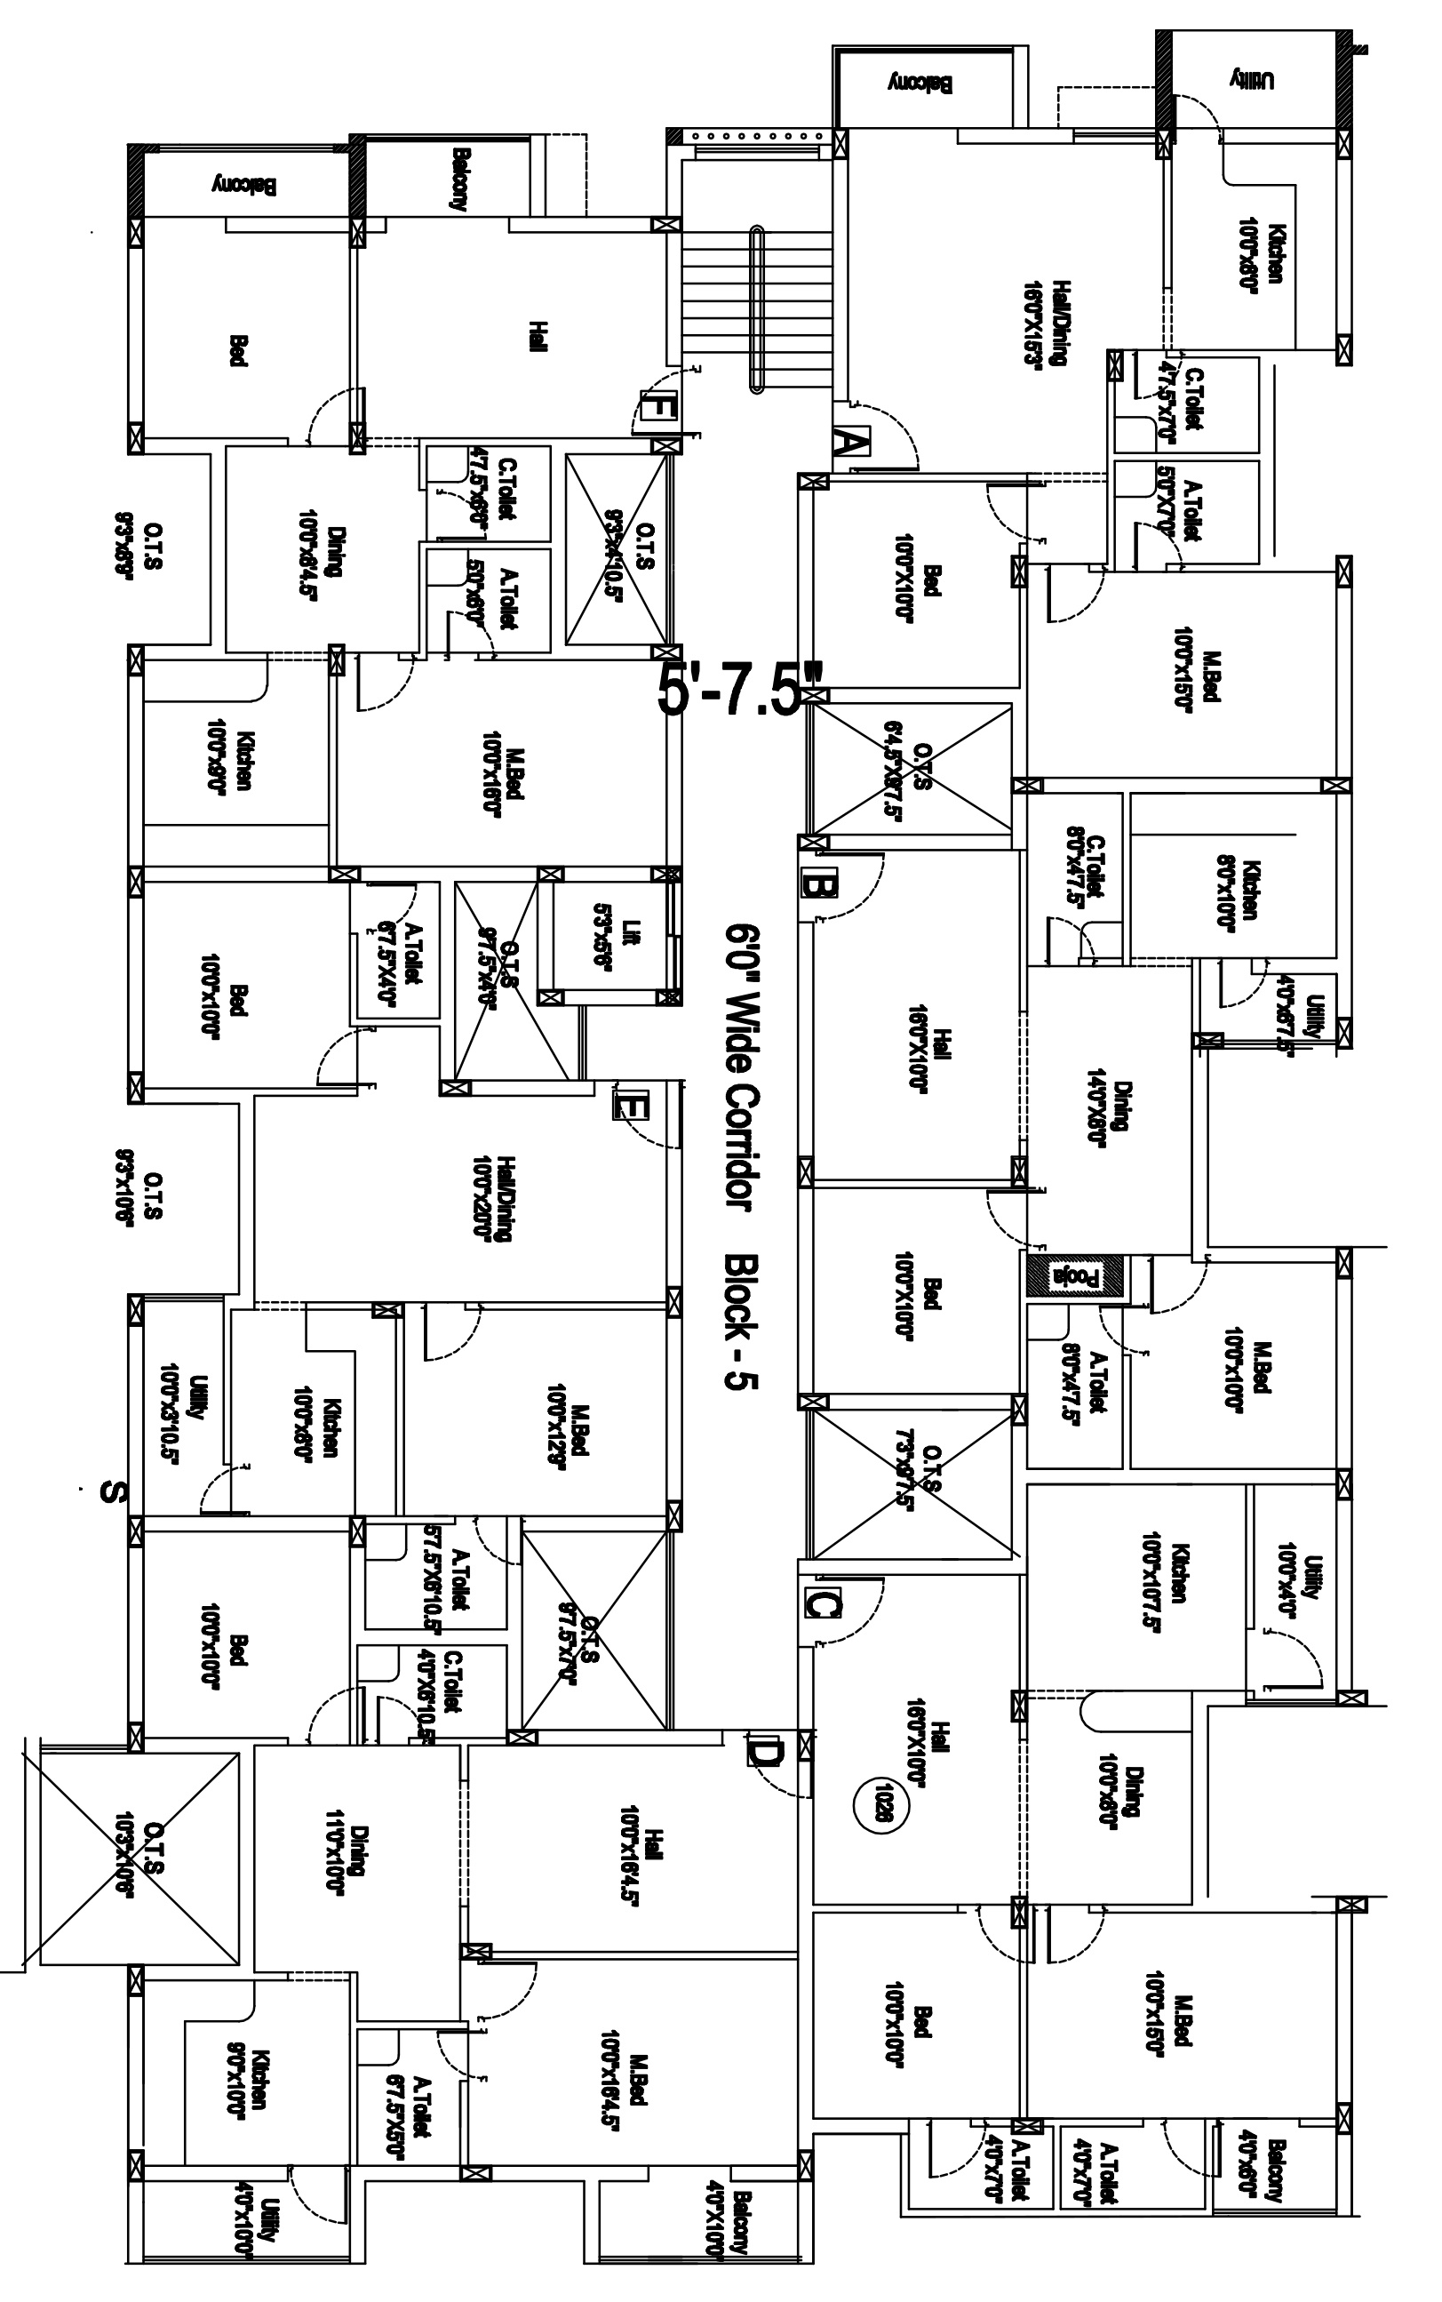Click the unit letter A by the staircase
click(x=852, y=443)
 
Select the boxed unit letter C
click(x=821, y=1603)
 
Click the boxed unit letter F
click(x=657, y=407)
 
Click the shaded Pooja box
click(x=1075, y=1275)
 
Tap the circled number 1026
click(x=875, y=1799)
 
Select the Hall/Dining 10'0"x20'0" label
click(x=490, y=1199)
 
